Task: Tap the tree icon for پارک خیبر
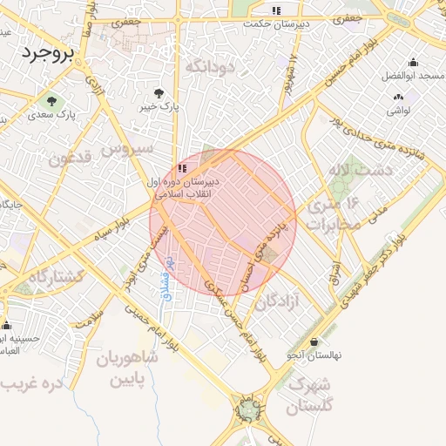pyautogui.click(x=159, y=92)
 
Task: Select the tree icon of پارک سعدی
pyautogui.click(x=54, y=100)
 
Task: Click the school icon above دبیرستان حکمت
pyautogui.click(x=275, y=11)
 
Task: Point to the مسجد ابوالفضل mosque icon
pyautogui.click(x=412, y=63)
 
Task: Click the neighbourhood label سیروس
pyautogui.click(x=127, y=149)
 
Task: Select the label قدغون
pyautogui.click(x=70, y=160)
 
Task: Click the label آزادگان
pyautogui.click(x=278, y=302)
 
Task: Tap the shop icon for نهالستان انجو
pyautogui.click(x=314, y=341)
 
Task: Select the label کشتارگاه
pyautogui.click(x=56, y=276)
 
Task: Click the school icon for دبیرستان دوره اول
pyautogui.click(x=182, y=167)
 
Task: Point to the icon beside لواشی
pyautogui.click(x=399, y=98)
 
